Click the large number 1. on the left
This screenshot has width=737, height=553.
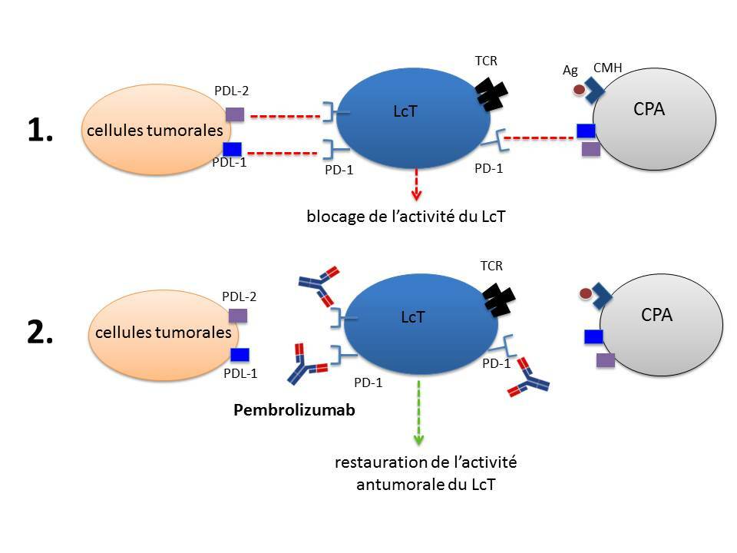(40, 131)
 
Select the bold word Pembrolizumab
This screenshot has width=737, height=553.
(294, 410)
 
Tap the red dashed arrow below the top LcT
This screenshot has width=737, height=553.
(416, 185)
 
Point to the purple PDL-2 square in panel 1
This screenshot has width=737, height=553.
(234, 114)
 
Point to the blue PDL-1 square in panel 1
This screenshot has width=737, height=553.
(232, 148)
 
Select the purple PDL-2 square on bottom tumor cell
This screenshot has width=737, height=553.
(239, 315)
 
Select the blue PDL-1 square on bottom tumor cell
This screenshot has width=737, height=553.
(240, 354)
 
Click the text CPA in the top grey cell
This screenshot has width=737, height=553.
(649, 108)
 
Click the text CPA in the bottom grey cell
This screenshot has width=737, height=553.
(656, 314)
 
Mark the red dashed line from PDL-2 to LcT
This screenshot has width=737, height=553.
(286, 117)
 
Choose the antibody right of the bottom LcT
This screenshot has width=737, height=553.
(528, 377)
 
